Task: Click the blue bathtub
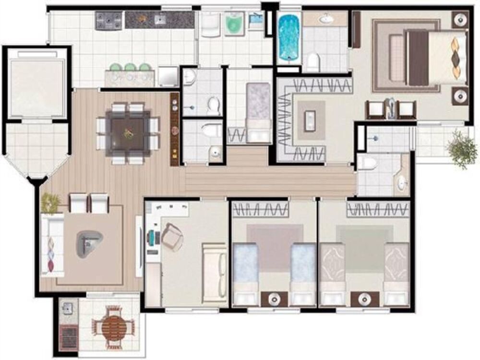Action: tap(288, 37)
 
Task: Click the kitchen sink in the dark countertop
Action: tap(159, 20)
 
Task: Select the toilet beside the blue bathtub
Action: tap(313, 61)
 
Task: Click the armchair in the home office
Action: tap(172, 237)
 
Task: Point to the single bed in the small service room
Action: tap(259, 111)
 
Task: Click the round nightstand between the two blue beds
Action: tap(274, 298)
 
